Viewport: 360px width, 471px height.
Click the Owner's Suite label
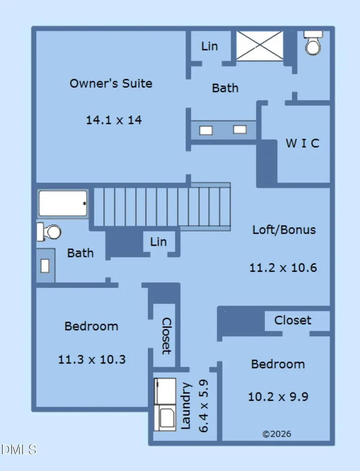coord(111,83)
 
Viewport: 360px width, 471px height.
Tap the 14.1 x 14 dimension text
coord(114,120)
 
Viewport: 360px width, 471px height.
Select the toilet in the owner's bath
coord(313,43)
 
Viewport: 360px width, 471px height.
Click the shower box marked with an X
coord(260,46)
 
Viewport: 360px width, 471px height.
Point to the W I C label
coord(302,144)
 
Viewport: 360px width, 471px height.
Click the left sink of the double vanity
coord(206,130)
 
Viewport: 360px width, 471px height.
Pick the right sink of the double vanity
coord(240,129)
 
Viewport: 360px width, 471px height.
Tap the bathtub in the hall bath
coord(63,203)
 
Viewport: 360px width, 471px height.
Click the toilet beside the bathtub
coord(49,232)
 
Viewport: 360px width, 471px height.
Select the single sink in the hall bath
coord(45,266)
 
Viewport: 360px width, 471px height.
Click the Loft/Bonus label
coord(284,230)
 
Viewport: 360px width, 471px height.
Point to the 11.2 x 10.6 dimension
coord(283,268)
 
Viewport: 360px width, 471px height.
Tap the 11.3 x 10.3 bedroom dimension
coord(91,359)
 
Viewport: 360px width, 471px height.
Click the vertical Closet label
coord(166,336)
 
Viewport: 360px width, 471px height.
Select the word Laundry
coord(186,406)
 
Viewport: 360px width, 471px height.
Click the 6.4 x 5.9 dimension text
coord(203,406)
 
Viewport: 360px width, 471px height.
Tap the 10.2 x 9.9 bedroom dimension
coord(278,397)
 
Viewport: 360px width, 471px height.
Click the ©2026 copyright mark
coord(276,434)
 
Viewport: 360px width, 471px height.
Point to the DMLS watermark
coord(18,449)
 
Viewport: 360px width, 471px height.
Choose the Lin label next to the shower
coord(209,46)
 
